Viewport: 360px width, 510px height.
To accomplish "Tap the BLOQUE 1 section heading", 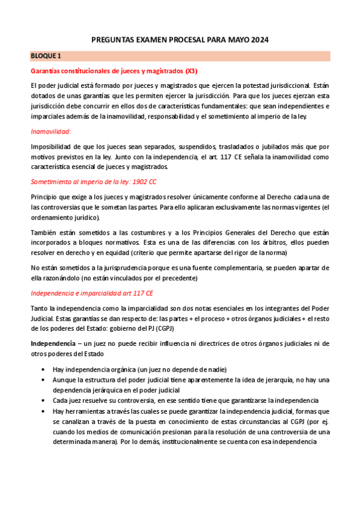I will tap(46, 57).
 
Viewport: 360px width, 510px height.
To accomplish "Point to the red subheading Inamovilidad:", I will tap(51, 131).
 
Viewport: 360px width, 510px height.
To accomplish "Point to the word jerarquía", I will tap(290, 380).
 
